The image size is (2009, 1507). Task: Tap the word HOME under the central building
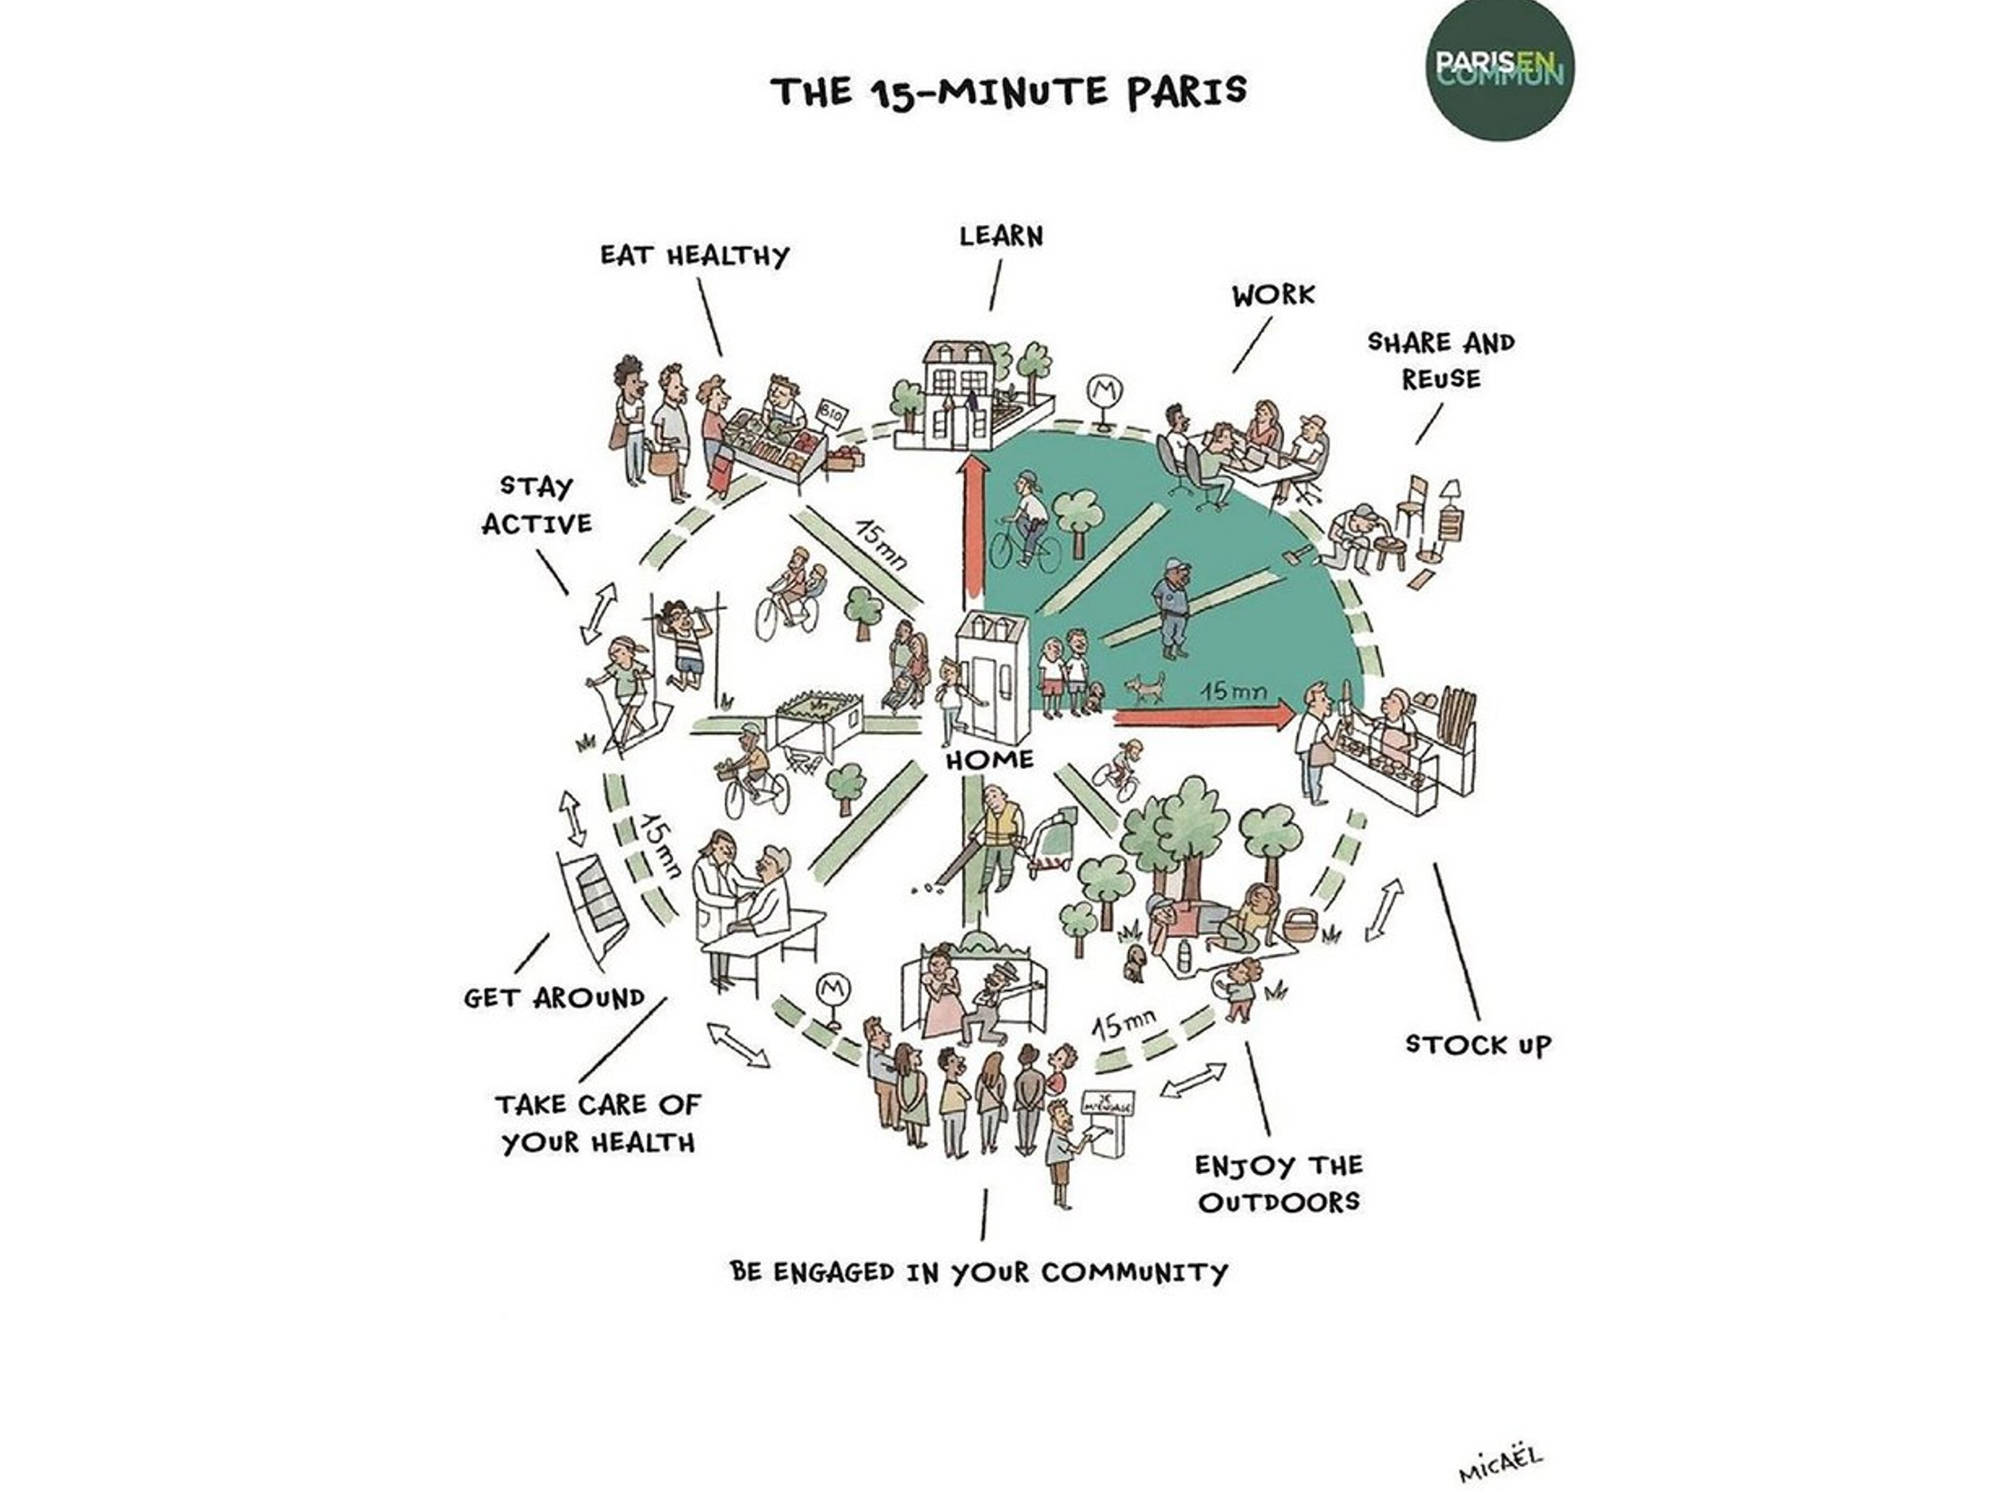[x=989, y=760]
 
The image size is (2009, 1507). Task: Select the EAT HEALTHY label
[x=695, y=255]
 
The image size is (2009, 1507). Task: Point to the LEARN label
[x=1001, y=236]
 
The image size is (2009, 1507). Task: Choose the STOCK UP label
[x=1478, y=1045]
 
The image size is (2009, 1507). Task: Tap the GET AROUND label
[x=554, y=999]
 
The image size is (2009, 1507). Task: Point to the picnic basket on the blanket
[x=1297, y=925]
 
